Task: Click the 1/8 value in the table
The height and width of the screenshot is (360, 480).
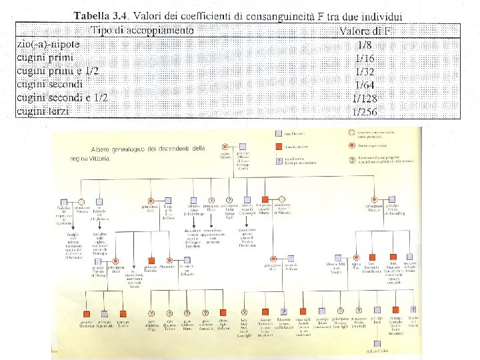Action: click(365, 45)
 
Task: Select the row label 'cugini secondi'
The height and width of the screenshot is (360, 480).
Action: click(49, 84)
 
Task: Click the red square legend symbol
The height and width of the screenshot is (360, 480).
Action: click(279, 147)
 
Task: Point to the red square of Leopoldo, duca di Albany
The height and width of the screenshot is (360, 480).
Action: click(265, 200)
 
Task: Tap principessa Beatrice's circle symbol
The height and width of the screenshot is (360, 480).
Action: click(371, 199)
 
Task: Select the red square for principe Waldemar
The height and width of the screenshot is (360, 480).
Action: click(88, 311)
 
